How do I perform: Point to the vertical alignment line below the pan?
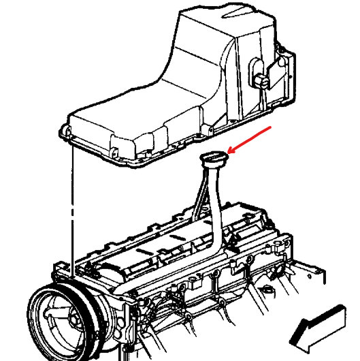[71, 204]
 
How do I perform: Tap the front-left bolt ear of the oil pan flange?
[65, 129]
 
